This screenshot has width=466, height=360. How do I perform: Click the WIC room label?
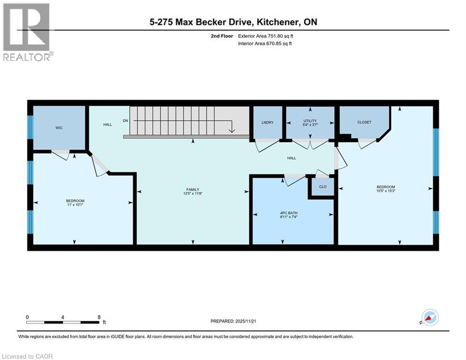pos(59,127)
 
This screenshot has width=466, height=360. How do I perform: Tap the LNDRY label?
pos(267,122)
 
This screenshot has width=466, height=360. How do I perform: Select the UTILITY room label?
pos(310,121)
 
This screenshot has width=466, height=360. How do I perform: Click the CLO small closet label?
pos(323,187)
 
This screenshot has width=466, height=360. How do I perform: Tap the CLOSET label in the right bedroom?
pos(364,122)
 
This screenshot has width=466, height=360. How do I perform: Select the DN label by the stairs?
pos(125,120)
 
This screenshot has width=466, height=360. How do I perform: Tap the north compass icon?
pos(429,317)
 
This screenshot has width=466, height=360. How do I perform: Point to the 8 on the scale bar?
pos(99,317)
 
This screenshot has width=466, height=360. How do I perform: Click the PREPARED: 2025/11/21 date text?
pos(234,321)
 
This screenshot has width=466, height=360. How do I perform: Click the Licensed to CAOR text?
pos(27,356)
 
